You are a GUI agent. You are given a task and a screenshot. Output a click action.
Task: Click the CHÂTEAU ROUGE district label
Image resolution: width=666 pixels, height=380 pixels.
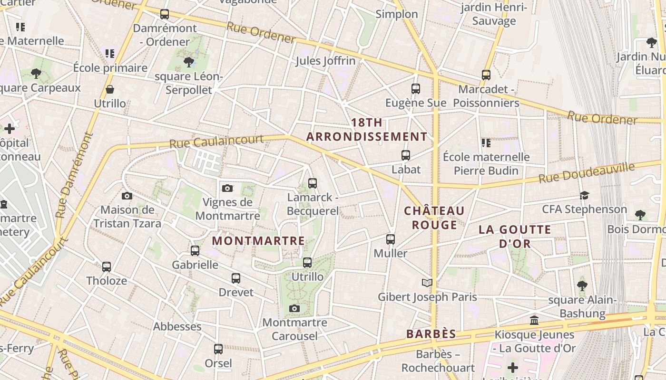[434, 218]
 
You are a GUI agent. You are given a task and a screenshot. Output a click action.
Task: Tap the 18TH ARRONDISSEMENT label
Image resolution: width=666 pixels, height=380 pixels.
[367, 130]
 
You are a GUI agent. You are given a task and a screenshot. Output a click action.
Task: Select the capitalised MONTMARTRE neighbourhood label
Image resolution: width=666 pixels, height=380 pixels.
[258, 241]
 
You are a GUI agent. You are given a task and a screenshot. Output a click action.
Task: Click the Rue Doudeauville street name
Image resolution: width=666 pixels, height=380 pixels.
[587, 173]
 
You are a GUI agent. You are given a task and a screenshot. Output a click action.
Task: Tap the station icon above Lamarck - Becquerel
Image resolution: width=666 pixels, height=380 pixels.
[313, 183]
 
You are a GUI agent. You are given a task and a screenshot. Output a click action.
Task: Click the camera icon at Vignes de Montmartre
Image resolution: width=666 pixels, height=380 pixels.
[227, 188]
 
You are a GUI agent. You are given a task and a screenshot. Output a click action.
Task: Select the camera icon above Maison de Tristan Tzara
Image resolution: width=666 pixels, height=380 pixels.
[127, 196]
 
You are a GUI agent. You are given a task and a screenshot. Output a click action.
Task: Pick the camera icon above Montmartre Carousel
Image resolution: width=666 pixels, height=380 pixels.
[294, 309]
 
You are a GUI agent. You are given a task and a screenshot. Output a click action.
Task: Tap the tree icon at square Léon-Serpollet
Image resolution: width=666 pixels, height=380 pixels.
[189, 62]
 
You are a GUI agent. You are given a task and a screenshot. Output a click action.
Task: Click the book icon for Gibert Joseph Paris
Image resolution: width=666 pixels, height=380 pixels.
[427, 283]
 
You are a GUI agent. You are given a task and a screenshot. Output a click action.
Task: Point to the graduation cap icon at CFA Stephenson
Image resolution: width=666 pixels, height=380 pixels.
[584, 195]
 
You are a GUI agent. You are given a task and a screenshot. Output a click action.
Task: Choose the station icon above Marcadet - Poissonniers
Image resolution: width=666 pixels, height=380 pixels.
[486, 75]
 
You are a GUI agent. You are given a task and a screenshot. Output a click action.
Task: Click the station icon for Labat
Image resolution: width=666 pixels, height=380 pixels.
[406, 155]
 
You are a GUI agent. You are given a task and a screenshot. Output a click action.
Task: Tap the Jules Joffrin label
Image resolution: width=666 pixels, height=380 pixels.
[325, 61]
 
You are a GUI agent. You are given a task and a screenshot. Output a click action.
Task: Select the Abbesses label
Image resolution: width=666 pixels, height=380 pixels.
[177, 327]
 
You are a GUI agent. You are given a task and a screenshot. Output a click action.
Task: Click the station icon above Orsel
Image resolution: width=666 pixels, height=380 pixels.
[218, 349]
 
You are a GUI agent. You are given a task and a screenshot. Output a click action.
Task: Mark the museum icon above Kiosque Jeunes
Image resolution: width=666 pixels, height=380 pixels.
[534, 321]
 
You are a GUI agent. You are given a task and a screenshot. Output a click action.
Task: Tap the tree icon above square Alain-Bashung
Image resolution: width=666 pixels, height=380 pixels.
[582, 285]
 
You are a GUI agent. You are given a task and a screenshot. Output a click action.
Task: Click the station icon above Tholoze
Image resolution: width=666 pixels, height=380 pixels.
[107, 267]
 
